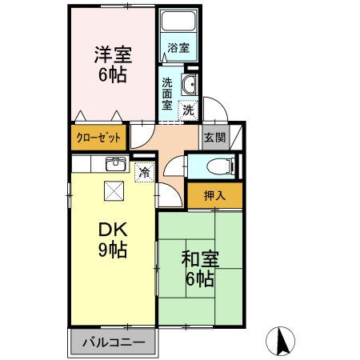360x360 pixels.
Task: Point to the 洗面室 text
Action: click(x=167, y=93)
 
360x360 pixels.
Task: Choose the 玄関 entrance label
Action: click(x=214, y=137)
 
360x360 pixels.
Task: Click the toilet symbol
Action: click(x=214, y=166)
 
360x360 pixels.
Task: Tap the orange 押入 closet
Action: click(x=214, y=194)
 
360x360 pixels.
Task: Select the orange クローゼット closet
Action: click(x=98, y=137)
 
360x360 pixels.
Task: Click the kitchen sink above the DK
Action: click(x=115, y=164)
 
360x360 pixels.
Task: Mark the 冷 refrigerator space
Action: click(x=144, y=172)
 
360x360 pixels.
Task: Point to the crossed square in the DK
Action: click(x=114, y=190)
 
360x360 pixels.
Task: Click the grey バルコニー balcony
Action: click(x=113, y=342)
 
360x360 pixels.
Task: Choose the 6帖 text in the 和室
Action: click(x=200, y=280)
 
